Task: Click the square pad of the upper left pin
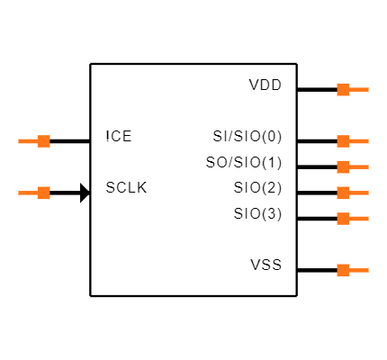[x=43, y=141]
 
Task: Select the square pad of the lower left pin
[x=43, y=193]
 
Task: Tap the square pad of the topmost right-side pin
[x=343, y=89]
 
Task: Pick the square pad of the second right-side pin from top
[x=343, y=141]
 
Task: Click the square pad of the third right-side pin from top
[x=343, y=166]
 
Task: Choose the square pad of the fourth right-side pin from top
[x=343, y=193]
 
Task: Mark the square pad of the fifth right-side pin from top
[x=343, y=219]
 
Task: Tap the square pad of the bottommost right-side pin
[x=343, y=270]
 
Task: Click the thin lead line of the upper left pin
[x=27, y=141]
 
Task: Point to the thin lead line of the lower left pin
[x=27, y=193]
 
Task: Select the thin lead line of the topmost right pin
[x=359, y=89]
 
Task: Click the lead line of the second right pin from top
[x=359, y=141]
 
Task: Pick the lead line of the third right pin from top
[x=359, y=166]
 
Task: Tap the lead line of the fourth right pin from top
[x=359, y=193]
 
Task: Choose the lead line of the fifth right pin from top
[x=359, y=219]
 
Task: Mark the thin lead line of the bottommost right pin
[x=359, y=270]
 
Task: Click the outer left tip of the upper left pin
[x=19, y=141]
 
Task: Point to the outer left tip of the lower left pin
[x=19, y=193]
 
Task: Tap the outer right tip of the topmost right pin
[x=367, y=89]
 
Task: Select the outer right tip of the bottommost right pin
[x=367, y=270]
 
